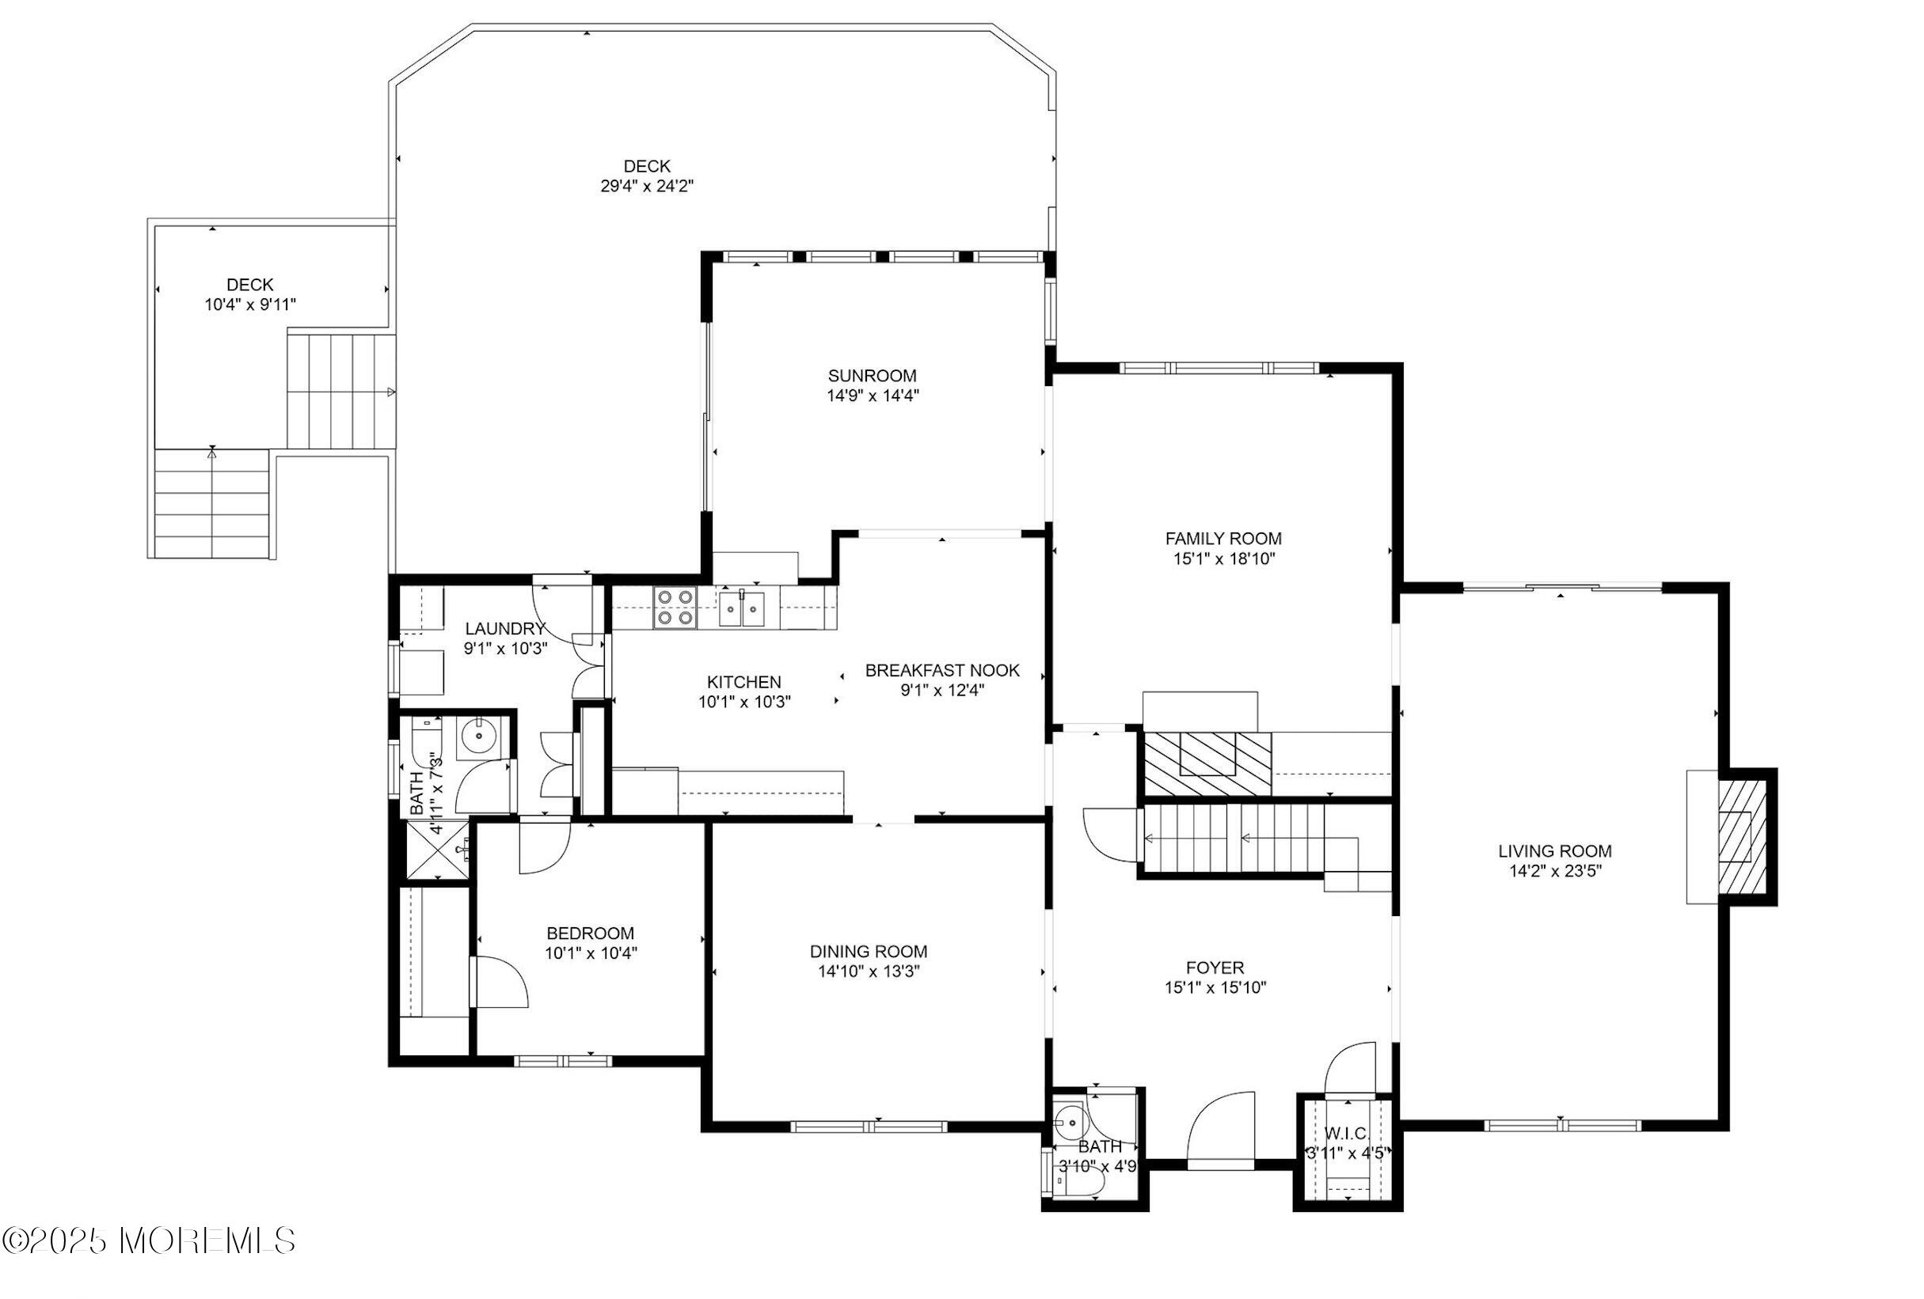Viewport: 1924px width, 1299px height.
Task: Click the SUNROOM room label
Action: tap(872, 376)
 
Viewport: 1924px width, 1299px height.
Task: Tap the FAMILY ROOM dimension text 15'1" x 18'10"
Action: tap(1223, 559)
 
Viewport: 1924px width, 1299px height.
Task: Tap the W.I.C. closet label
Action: tap(1346, 1134)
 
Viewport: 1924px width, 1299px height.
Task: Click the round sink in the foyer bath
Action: tap(1072, 1123)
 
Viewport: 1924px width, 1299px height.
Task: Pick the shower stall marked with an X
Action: tap(435, 850)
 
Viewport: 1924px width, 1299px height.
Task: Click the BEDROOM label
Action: tap(591, 934)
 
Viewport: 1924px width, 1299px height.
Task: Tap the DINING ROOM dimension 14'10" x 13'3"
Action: tap(869, 971)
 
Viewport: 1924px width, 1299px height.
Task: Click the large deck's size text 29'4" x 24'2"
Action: tap(647, 186)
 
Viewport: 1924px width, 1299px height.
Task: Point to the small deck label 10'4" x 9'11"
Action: tap(250, 305)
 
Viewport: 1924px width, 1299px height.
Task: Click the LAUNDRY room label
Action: tap(505, 629)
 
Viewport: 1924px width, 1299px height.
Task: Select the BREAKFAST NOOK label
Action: tap(942, 670)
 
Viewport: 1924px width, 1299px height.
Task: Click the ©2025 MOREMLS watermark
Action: tap(149, 1240)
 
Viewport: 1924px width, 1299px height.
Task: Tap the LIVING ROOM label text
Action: tap(1555, 850)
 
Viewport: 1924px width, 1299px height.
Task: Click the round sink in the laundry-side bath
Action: tap(478, 735)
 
